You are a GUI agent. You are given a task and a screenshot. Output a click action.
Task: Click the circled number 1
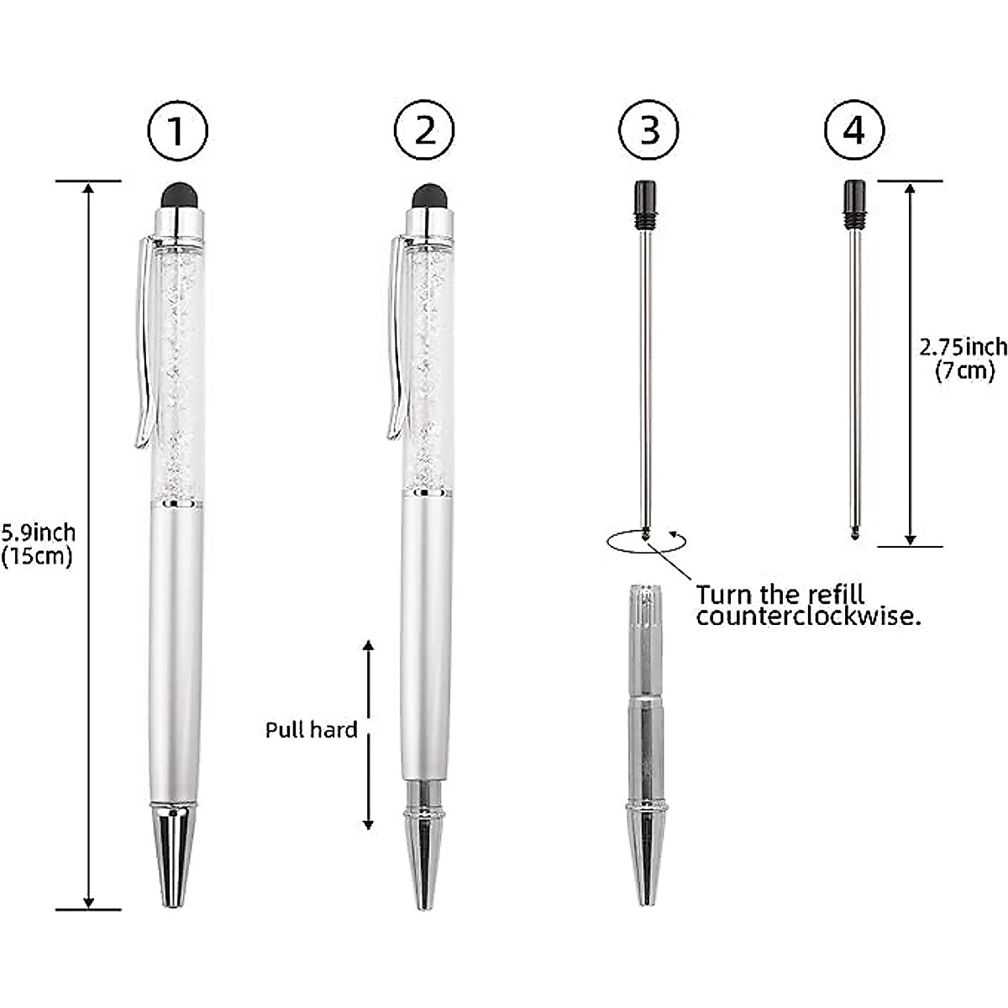[176, 131]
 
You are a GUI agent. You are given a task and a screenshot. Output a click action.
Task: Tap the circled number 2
[425, 131]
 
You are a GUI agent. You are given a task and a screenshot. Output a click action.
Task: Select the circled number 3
[648, 131]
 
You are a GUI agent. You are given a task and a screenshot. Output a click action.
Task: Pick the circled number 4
[853, 131]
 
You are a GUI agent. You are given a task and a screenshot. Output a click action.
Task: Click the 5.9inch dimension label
[39, 533]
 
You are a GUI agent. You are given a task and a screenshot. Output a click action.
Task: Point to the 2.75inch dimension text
[963, 347]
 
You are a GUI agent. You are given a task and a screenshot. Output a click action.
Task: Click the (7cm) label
[964, 370]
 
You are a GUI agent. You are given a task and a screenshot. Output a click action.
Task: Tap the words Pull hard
[311, 730]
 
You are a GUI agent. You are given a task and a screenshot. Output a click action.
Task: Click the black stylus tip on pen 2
[429, 196]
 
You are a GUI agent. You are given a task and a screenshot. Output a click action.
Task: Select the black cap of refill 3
[645, 203]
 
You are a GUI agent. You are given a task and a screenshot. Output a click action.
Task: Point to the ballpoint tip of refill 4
[854, 533]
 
